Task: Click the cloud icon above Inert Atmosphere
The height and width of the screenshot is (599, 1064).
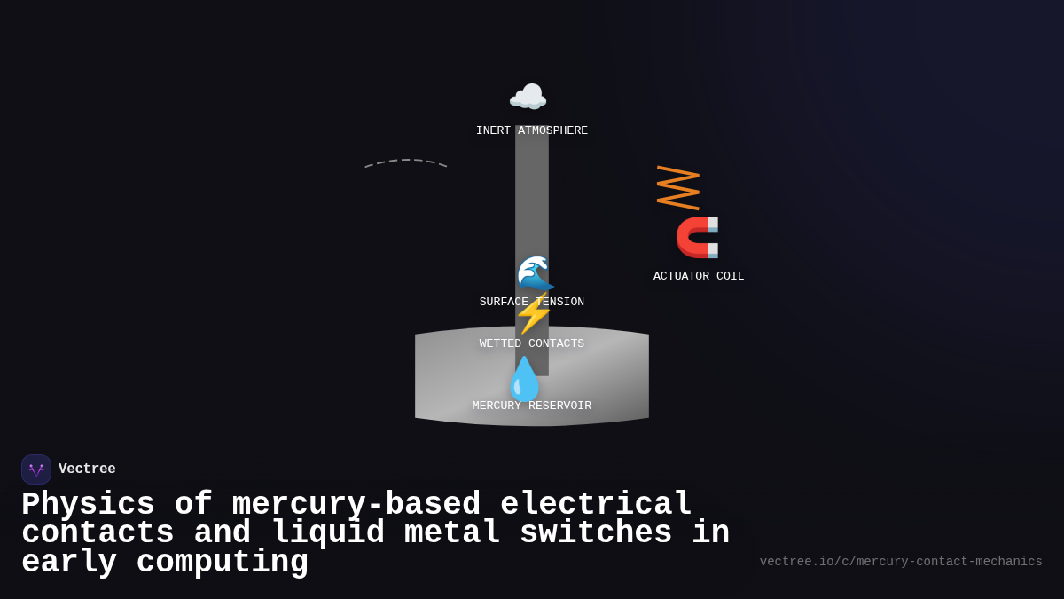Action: tap(528, 97)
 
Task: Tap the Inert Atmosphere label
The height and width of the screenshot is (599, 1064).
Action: tap(531, 131)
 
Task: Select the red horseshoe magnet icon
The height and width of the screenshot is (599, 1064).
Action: tap(698, 237)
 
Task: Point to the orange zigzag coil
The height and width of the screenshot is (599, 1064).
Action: tap(677, 187)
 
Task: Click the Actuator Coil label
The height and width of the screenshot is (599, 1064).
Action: tap(699, 276)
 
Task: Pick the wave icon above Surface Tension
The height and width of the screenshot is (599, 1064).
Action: tap(535, 273)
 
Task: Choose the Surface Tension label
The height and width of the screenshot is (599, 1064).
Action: tap(531, 302)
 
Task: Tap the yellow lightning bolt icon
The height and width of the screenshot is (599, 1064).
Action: tap(533, 314)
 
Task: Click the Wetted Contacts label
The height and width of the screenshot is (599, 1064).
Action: tap(531, 343)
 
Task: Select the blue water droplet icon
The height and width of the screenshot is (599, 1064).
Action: tap(524, 379)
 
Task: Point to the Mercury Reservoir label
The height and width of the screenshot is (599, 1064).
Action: tap(531, 406)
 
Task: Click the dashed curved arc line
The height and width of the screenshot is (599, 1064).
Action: tap(405, 162)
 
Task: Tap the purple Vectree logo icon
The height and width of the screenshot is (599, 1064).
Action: tap(36, 469)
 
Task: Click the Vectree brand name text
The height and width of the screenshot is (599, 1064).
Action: tap(87, 469)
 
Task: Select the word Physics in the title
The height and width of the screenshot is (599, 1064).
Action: tap(88, 505)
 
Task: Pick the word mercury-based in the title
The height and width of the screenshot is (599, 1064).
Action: tap(356, 505)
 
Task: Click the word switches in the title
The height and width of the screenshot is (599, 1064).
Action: tap(596, 533)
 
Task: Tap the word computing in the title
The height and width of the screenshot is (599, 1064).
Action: tap(222, 563)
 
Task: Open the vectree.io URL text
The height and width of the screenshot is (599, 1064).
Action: tap(901, 562)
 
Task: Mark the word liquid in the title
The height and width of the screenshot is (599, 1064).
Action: tap(328, 533)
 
